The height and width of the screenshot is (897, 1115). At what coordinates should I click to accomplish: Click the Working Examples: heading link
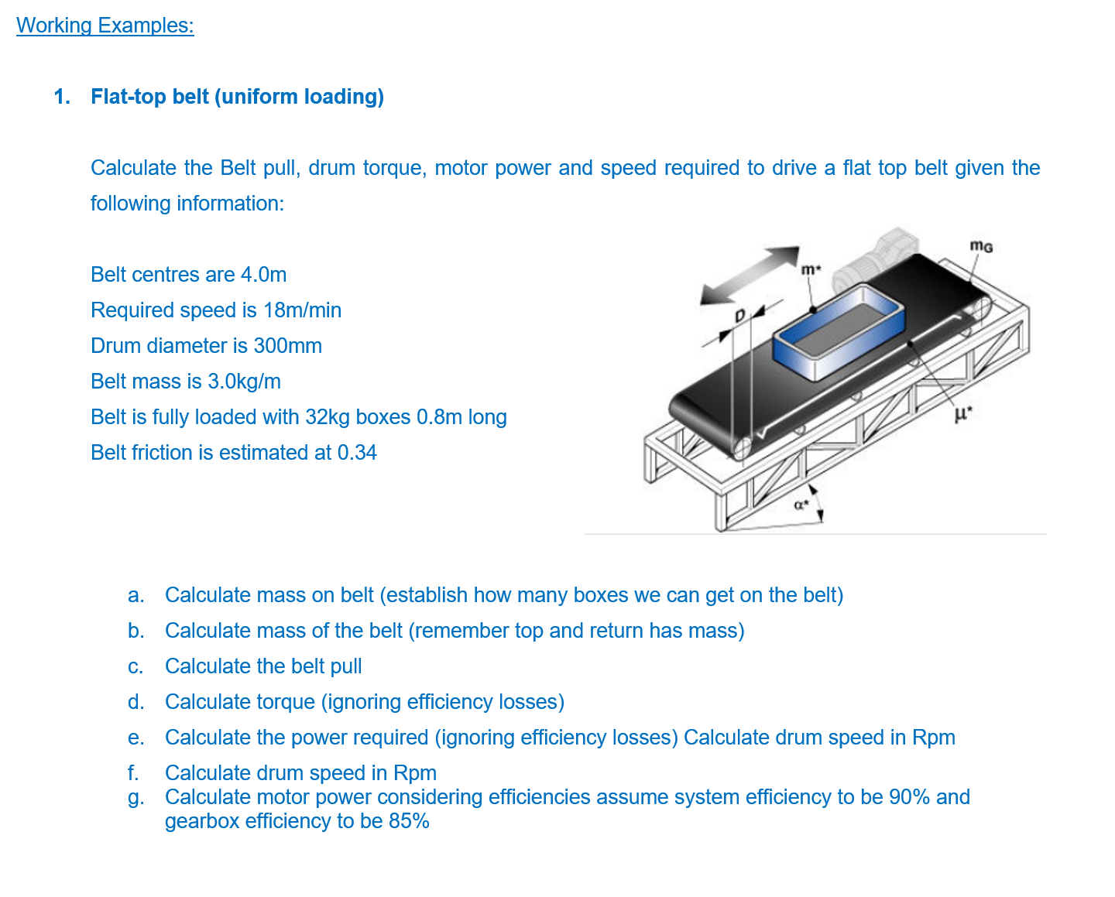tap(105, 26)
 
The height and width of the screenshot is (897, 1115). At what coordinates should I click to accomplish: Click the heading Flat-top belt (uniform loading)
tap(237, 97)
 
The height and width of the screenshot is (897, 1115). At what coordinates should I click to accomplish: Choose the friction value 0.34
tap(357, 453)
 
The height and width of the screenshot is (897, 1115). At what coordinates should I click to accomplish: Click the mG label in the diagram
tap(981, 247)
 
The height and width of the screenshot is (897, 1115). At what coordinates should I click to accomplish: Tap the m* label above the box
tap(809, 270)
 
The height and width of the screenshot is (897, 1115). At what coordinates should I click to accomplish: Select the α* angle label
tap(801, 505)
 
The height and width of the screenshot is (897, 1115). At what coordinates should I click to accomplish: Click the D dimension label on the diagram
tap(739, 316)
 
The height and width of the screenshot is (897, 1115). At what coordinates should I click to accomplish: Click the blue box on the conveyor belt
tap(839, 330)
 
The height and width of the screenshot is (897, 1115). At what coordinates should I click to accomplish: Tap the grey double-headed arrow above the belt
tap(749, 276)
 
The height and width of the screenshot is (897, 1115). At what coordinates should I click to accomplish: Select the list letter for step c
tap(136, 667)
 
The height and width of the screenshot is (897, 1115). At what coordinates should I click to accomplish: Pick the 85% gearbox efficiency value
tap(409, 821)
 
